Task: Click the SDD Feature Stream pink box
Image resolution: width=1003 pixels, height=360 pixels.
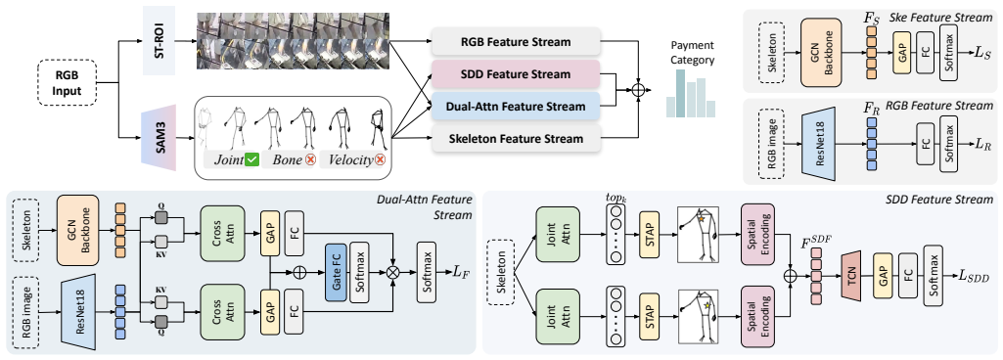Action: (516, 74)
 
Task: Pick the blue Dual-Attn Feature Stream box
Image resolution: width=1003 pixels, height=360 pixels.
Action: (516, 107)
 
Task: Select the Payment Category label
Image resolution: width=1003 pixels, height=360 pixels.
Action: (694, 53)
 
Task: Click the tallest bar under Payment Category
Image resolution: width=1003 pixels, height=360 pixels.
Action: (681, 93)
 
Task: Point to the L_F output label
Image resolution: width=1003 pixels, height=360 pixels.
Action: (462, 272)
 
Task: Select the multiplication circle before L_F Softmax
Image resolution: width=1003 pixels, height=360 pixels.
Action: (392, 271)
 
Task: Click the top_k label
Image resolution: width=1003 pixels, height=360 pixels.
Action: (615, 197)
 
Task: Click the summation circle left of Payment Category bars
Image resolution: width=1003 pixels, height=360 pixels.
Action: (638, 90)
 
